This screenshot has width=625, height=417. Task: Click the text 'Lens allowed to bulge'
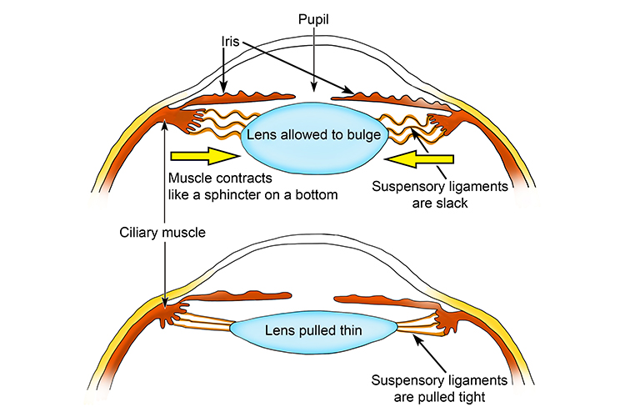tap(313, 135)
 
